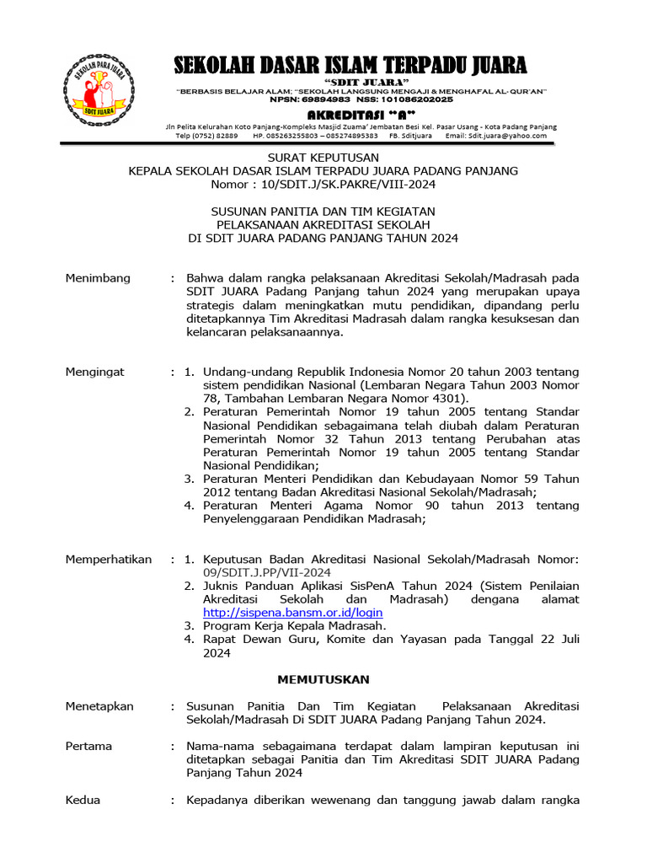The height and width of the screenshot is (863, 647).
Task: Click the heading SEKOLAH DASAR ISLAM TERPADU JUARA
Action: point(350,65)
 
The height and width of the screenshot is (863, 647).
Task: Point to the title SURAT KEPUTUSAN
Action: point(323,158)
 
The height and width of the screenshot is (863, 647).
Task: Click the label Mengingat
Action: point(95,371)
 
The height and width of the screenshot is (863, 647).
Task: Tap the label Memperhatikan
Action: point(109,559)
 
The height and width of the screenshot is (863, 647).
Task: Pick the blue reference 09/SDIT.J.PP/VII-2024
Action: point(267,572)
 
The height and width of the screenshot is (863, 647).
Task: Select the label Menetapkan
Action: point(99,706)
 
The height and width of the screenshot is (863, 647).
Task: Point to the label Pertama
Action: point(88,746)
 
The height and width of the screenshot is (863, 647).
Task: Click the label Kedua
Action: point(83,800)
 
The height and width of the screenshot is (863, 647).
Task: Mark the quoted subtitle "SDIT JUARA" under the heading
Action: point(350,81)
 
